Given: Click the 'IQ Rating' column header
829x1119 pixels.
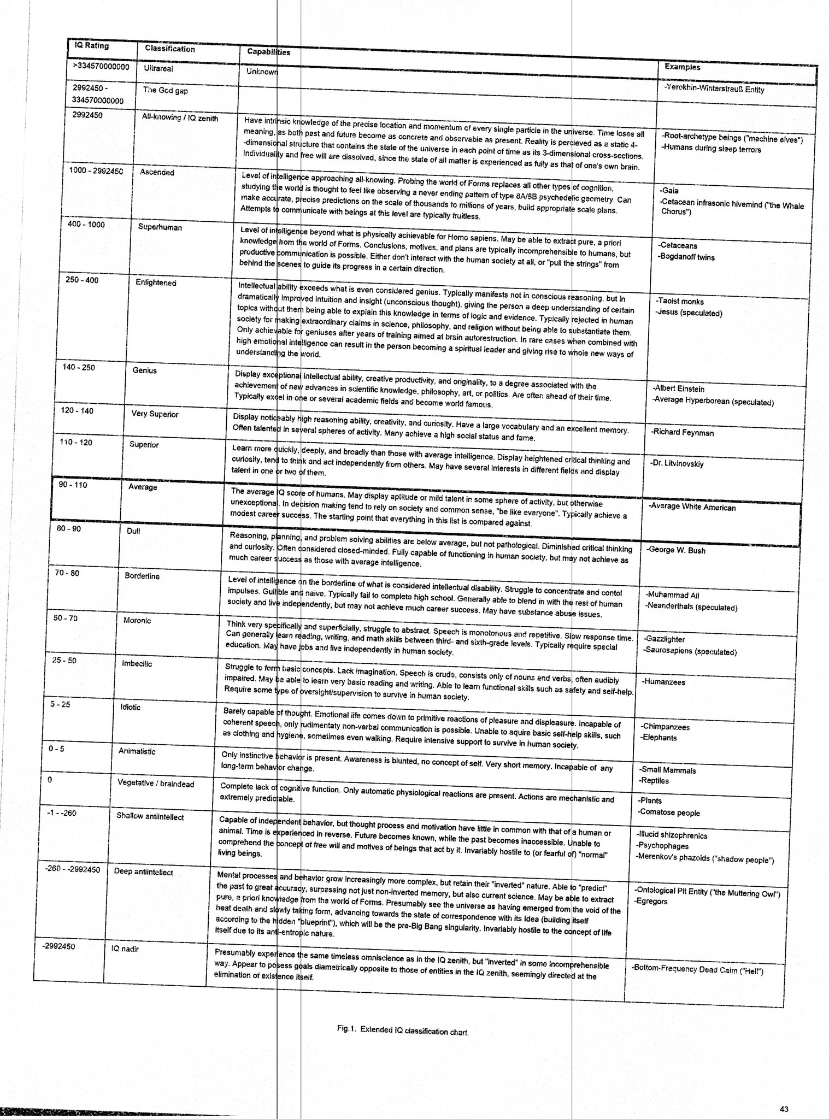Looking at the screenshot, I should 91,46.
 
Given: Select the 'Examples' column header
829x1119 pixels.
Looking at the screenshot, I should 682,67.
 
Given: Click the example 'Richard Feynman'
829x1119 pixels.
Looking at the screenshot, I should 683,433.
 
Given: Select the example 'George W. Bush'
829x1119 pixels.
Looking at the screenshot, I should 676,550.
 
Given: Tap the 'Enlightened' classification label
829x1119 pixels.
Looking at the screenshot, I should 156,282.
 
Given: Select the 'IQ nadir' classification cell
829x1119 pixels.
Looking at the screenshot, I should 125,949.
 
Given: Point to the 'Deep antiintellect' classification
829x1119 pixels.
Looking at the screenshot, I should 143,872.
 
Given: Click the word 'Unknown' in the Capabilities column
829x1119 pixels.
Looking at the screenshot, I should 262,72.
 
